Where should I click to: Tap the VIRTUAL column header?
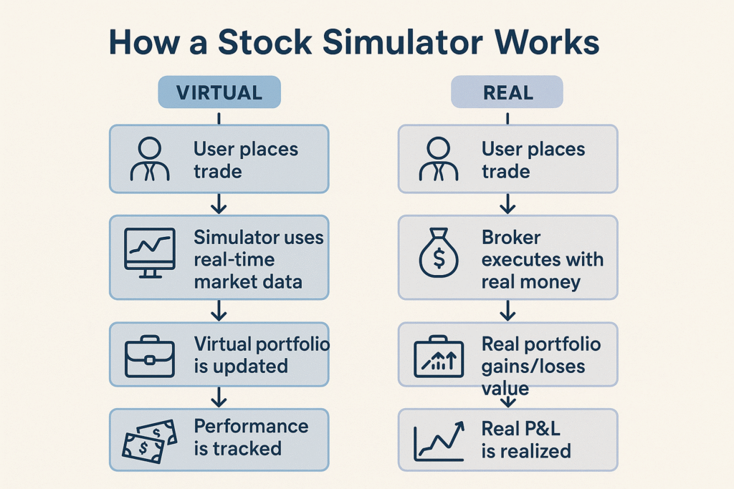pyautogui.click(x=219, y=92)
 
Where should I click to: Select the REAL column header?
pyautogui.click(x=507, y=92)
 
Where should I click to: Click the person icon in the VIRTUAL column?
pyautogui.click(x=150, y=159)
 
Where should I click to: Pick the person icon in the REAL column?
pyautogui.click(x=438, y=159)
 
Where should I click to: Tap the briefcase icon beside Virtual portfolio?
pyautogui.click(x=149, y=355)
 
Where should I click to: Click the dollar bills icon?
pyautogui.click(x=149, y=440)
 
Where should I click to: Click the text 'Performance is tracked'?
pyautogui.click(x=250, y=437)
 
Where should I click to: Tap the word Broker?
pyautogui.click(x=511, y=238)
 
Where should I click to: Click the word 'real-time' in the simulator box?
pyautogui.click(x=234, y=259)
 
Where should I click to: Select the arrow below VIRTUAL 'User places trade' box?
pyautogui.click(x=219, y=204)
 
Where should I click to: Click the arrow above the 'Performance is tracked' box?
pyautogui.click(x=219, y=397)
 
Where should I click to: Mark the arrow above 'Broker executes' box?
pyautogui.click(x=507, y=204)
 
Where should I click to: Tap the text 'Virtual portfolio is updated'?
pyautogui.click(x=262, y=355)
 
